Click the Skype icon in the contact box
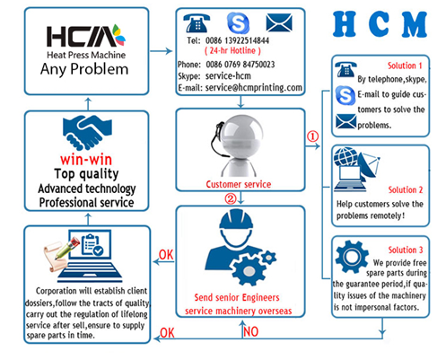pyautogui.click(x=238, y=23)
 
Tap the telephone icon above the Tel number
pyautogui.click(x=197, y=23)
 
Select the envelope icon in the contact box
pyautogui.click(x=279, y=22)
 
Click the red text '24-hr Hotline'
pyautogui.click(x=232, y=50)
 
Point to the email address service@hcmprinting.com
pyautogui.click(x=254, y=87)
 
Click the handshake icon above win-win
pyautogui.click(x=87, y=133)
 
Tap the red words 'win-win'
pyautogui.click(x=86, y=160)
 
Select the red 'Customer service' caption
pyautogui.click(x=239, y=184)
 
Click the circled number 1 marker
pyautogui.click(x=313, y=136)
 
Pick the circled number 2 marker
pyautogui.click(x=231, y=198)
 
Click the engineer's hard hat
pyautogui.click(x=236, y=219)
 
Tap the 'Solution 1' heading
pyautogui.click(x=405, y=66)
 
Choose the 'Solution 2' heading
pyautogui.click(x=406, y=189)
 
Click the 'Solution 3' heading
pyautogui.click(x=406, y=250)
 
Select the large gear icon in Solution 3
pyautogui.click(x=352, y=257)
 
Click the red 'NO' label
pyautogui.click(x=250, y=331)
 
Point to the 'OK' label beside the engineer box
pyautogui.click(x=166, y=255)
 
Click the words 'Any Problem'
pyautogui.click(x=84, y=69)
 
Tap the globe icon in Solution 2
pyautogui.click(x=345, y=156)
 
